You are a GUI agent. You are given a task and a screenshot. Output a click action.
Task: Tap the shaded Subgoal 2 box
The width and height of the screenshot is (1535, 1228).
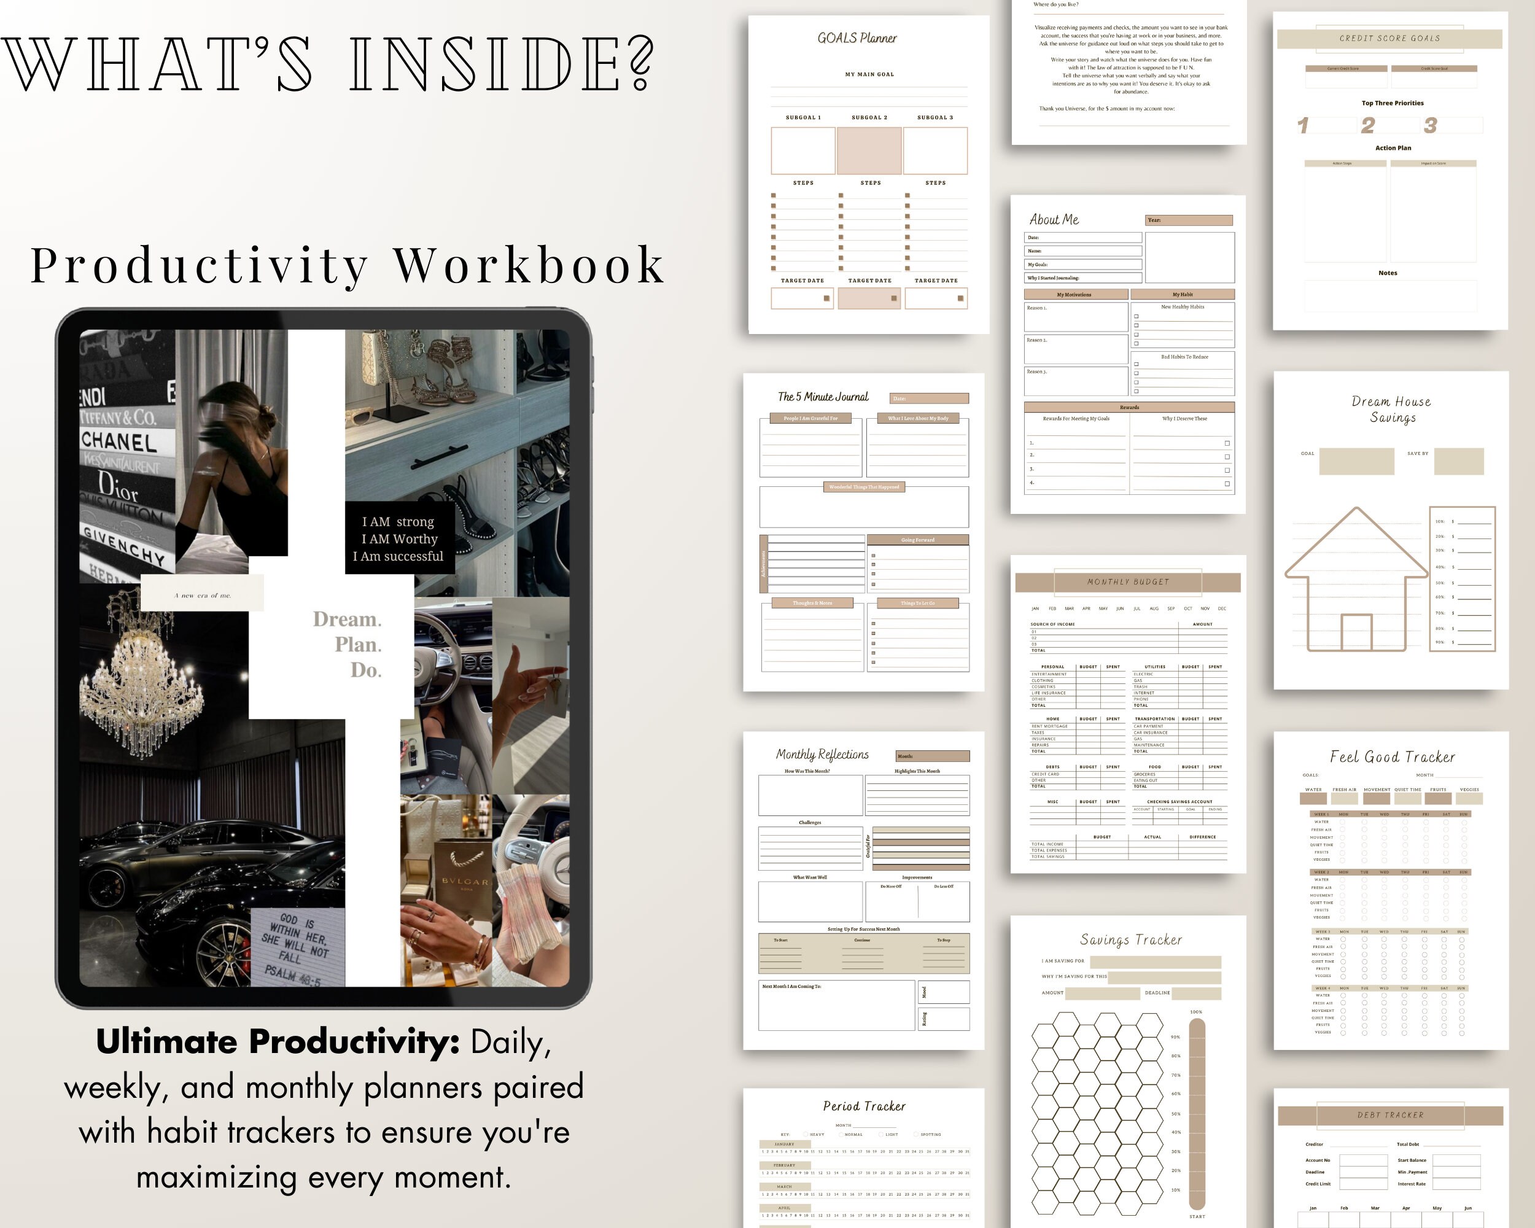(x=869, y=151)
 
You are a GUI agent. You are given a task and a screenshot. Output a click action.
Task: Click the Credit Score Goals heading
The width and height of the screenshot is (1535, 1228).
(x=1389, y=39)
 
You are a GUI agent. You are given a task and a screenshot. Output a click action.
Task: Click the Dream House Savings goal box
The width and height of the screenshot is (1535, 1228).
(x=1356, y=461)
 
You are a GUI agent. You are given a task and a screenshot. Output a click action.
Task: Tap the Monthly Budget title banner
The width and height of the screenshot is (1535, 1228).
(x=1128, y=581)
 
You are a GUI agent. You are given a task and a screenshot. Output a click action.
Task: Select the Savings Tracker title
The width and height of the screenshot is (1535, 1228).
(x=1130, y=939)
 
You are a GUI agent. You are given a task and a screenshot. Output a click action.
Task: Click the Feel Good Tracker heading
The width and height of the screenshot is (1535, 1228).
(x=1392, y=756)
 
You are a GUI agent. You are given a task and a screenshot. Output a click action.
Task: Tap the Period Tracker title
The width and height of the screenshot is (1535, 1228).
(x=865, y=1106)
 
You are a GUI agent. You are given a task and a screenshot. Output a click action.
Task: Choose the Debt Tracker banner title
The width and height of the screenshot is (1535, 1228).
(x=1389, y=1115)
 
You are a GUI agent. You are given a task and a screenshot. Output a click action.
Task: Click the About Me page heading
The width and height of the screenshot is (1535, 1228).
(x=1054, y=220)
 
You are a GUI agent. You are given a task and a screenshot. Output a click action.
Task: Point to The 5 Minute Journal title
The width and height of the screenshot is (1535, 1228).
(x=823, y=397)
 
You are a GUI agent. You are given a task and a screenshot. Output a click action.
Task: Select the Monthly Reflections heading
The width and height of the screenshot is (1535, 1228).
(x=822, y=755)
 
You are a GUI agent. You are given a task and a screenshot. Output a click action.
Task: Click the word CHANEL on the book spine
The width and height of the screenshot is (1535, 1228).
(x=119, y=441)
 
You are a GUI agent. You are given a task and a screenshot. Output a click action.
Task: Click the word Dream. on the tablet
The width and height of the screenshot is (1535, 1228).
(x=348, y=620)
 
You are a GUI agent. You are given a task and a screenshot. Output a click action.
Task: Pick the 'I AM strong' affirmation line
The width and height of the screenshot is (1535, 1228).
(x=398, y=522)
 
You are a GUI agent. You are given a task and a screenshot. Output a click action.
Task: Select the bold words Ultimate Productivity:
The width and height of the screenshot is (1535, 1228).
(x=278, y=1041)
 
